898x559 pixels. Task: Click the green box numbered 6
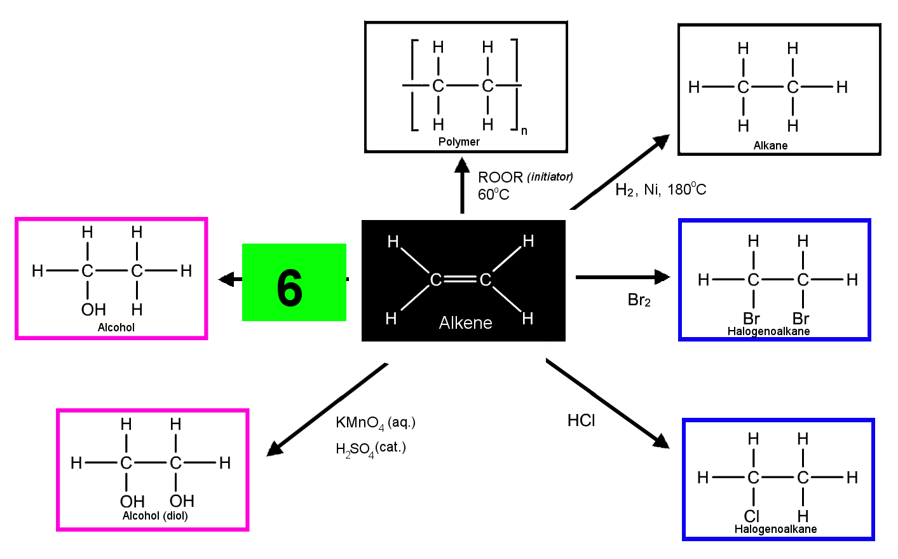pos(294,282)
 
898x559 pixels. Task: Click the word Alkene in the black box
pos(465,322)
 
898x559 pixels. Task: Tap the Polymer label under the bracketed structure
pos(459,142)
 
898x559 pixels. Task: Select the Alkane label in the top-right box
pos(770,145)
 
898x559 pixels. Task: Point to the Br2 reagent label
pos(639,300)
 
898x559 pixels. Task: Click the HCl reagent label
pos(582,420)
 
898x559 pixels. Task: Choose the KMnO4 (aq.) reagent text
pos(376,423)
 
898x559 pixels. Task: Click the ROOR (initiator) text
pos(526,177)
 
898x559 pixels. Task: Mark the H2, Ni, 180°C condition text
pos(661,190)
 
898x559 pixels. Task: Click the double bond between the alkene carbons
pos(461,279)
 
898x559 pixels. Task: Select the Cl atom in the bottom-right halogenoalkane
pos(752,516)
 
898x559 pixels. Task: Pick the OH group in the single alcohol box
pos(93,310)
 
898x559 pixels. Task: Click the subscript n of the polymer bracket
pos(524,131)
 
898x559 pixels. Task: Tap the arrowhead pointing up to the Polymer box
pos(462,165)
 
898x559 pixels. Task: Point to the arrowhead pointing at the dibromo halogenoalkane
pos(662,277)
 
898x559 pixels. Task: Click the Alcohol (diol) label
pos(155,516)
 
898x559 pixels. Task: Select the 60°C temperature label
pos(494,195)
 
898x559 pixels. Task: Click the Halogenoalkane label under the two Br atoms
pos(768,331)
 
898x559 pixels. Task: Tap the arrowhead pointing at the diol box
pos(275,448)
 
